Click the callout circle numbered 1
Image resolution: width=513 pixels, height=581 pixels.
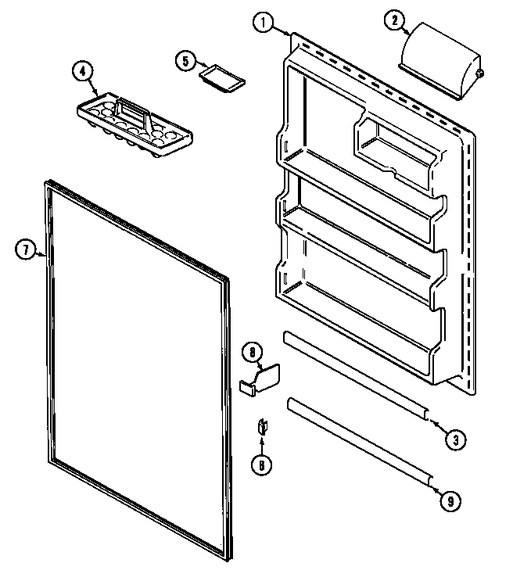pyautogui.click(x=264, y=23)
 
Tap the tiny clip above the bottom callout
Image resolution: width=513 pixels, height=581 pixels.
pyautogui.click(x=262, y=426)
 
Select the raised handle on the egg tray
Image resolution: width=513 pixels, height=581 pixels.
pyautogui.click(x=135, y=116)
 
